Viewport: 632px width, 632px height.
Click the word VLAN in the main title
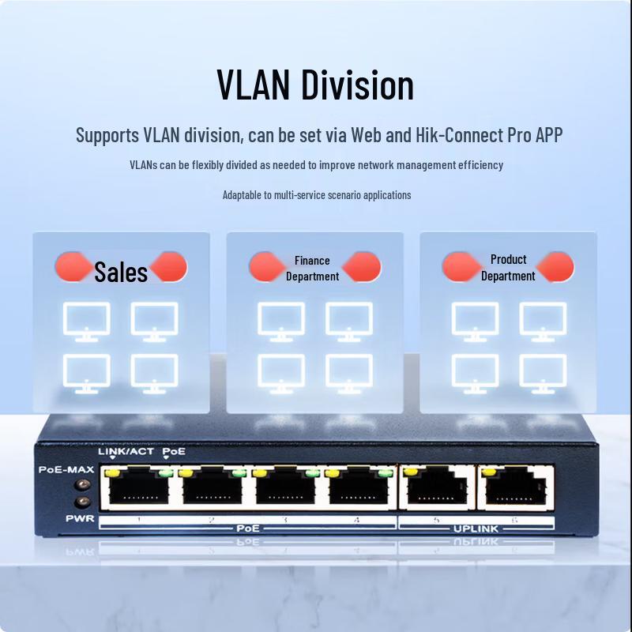coord(254,85)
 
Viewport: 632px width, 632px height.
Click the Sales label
coord(121,272)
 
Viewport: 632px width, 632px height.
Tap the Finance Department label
coord(312,269)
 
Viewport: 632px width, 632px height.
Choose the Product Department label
coord(508,268)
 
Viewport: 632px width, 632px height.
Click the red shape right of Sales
coord(170,268)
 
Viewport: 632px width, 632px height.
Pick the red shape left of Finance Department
coord(267,267)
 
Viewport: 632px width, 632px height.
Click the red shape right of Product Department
coord(556,267)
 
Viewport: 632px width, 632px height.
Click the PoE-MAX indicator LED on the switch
coord(79,486)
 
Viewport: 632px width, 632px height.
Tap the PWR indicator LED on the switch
coord(79,502)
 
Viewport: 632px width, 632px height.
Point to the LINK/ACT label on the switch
coord(126,451)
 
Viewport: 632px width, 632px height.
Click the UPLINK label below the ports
coord(476,528)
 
